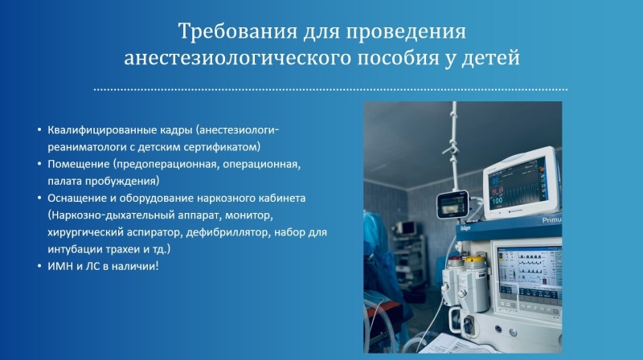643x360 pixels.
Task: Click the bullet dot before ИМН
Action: [x=39, y=266]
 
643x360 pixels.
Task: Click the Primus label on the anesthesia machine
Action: [x=551, y=219]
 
